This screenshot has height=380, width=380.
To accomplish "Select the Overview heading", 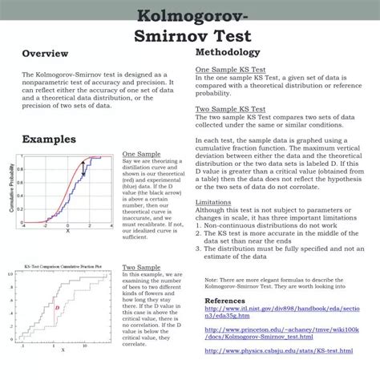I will pos(44,54).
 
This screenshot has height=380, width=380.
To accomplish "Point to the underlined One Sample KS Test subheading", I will pos(231,71).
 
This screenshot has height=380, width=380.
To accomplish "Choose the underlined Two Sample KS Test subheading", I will pos(231,108).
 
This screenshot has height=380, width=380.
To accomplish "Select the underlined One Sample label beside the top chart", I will pos(139,154).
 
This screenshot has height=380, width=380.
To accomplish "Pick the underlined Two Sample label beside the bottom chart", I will pos(139,267).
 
